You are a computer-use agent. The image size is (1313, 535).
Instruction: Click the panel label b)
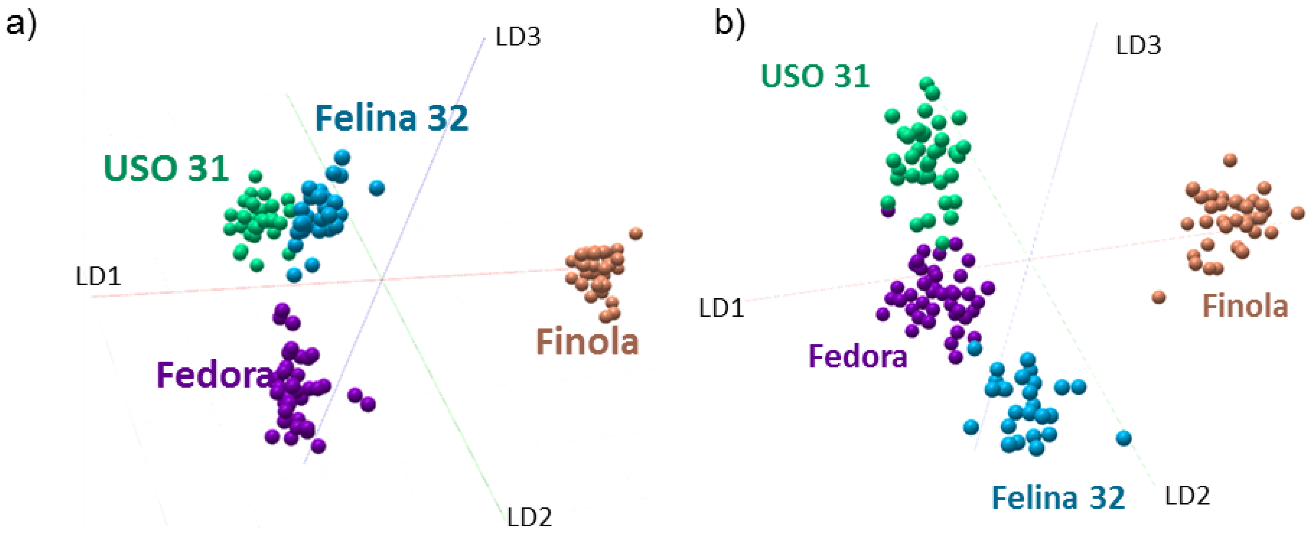click(x=729, y=23)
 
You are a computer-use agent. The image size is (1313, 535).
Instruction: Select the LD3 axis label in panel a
click(x=518, y=37)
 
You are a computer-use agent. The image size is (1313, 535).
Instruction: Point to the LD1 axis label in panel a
click(x=98, y=277)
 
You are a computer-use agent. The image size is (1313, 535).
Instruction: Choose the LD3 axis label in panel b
click(x=1138, y=46)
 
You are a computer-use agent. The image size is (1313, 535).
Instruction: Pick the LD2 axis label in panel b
click(x=1188, y=496)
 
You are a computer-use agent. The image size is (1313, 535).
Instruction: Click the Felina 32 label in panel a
click(x=392, y=118)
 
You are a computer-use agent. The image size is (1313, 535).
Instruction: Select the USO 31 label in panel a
click(x=166, y=168)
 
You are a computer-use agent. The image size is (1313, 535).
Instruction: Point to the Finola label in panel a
click(x=587, y=342)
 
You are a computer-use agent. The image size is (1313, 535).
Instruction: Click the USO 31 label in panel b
click(x=815, y=77)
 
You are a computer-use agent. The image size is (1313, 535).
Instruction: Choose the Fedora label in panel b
click(x=858, y=356)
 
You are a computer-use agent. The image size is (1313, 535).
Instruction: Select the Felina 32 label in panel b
click(x=1058, y=498)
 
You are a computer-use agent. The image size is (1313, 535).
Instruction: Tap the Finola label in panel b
click(x=1245, y=307)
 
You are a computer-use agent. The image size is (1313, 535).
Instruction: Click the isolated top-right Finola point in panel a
click(x=636, y=234)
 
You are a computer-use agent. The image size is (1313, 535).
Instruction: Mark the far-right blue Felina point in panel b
click(x=1124, y=438)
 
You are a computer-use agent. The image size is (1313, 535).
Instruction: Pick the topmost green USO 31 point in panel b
click(x=926, y=84)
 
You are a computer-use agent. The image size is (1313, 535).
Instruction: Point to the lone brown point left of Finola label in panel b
click(x=1159, y=297)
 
